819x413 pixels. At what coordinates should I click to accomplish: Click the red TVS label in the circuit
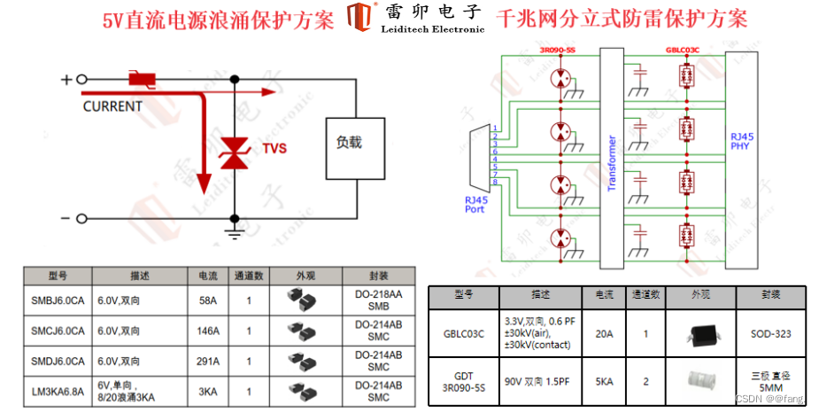click(x=274, y=149)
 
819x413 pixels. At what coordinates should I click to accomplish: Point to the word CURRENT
click(x=112, y=106)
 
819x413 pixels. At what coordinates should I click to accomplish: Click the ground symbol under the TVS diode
click(x=234, y=233)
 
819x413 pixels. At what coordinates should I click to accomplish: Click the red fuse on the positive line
click(x=142, y=80)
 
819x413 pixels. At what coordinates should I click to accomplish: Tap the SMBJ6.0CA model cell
click(x=58, y=300)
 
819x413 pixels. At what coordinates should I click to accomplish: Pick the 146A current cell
click(x=208, y=331)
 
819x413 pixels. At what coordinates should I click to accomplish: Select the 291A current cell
click(x=208, y=361)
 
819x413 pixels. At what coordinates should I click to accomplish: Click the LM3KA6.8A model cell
click(x=58, y=390)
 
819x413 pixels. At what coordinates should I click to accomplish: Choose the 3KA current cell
click(x=208, y=390)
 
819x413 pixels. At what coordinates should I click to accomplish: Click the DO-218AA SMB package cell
click(x=378, y=300)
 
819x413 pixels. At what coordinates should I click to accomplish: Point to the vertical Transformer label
click(x=611, y=163)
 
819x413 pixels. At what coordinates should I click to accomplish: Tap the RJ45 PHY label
click(x=742, y=141)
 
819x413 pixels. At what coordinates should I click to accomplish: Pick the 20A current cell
click(x=605, y=334)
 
